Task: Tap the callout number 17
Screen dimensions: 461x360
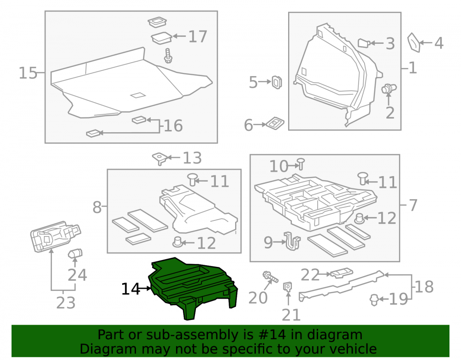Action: (198, 37)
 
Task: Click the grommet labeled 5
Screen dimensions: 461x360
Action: (277, 83)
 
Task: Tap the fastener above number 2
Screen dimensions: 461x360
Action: (389, 88)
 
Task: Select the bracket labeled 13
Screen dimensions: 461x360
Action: (160, 159)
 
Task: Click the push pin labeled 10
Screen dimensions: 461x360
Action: (301, 164)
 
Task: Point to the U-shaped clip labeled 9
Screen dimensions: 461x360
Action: (292, 241)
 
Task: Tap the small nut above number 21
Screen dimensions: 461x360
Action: (288, 287)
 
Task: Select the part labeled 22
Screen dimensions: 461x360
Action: (342, 273)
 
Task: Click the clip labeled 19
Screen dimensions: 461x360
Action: (374, 300)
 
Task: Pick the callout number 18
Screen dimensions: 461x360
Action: (424, 287)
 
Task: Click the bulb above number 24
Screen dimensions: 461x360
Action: (75, 254)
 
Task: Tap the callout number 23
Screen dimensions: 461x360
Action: (66, 302)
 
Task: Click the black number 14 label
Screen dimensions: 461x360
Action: (130, 289)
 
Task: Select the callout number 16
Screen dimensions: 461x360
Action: (173, 126)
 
